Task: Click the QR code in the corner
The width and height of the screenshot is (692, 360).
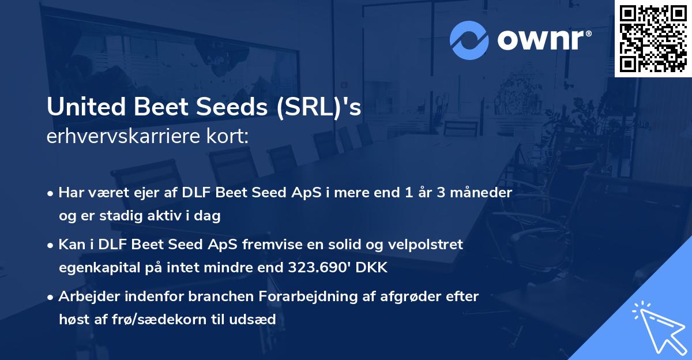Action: (x=653, y=39)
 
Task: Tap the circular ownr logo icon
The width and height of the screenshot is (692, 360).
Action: (x=469, y=40)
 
